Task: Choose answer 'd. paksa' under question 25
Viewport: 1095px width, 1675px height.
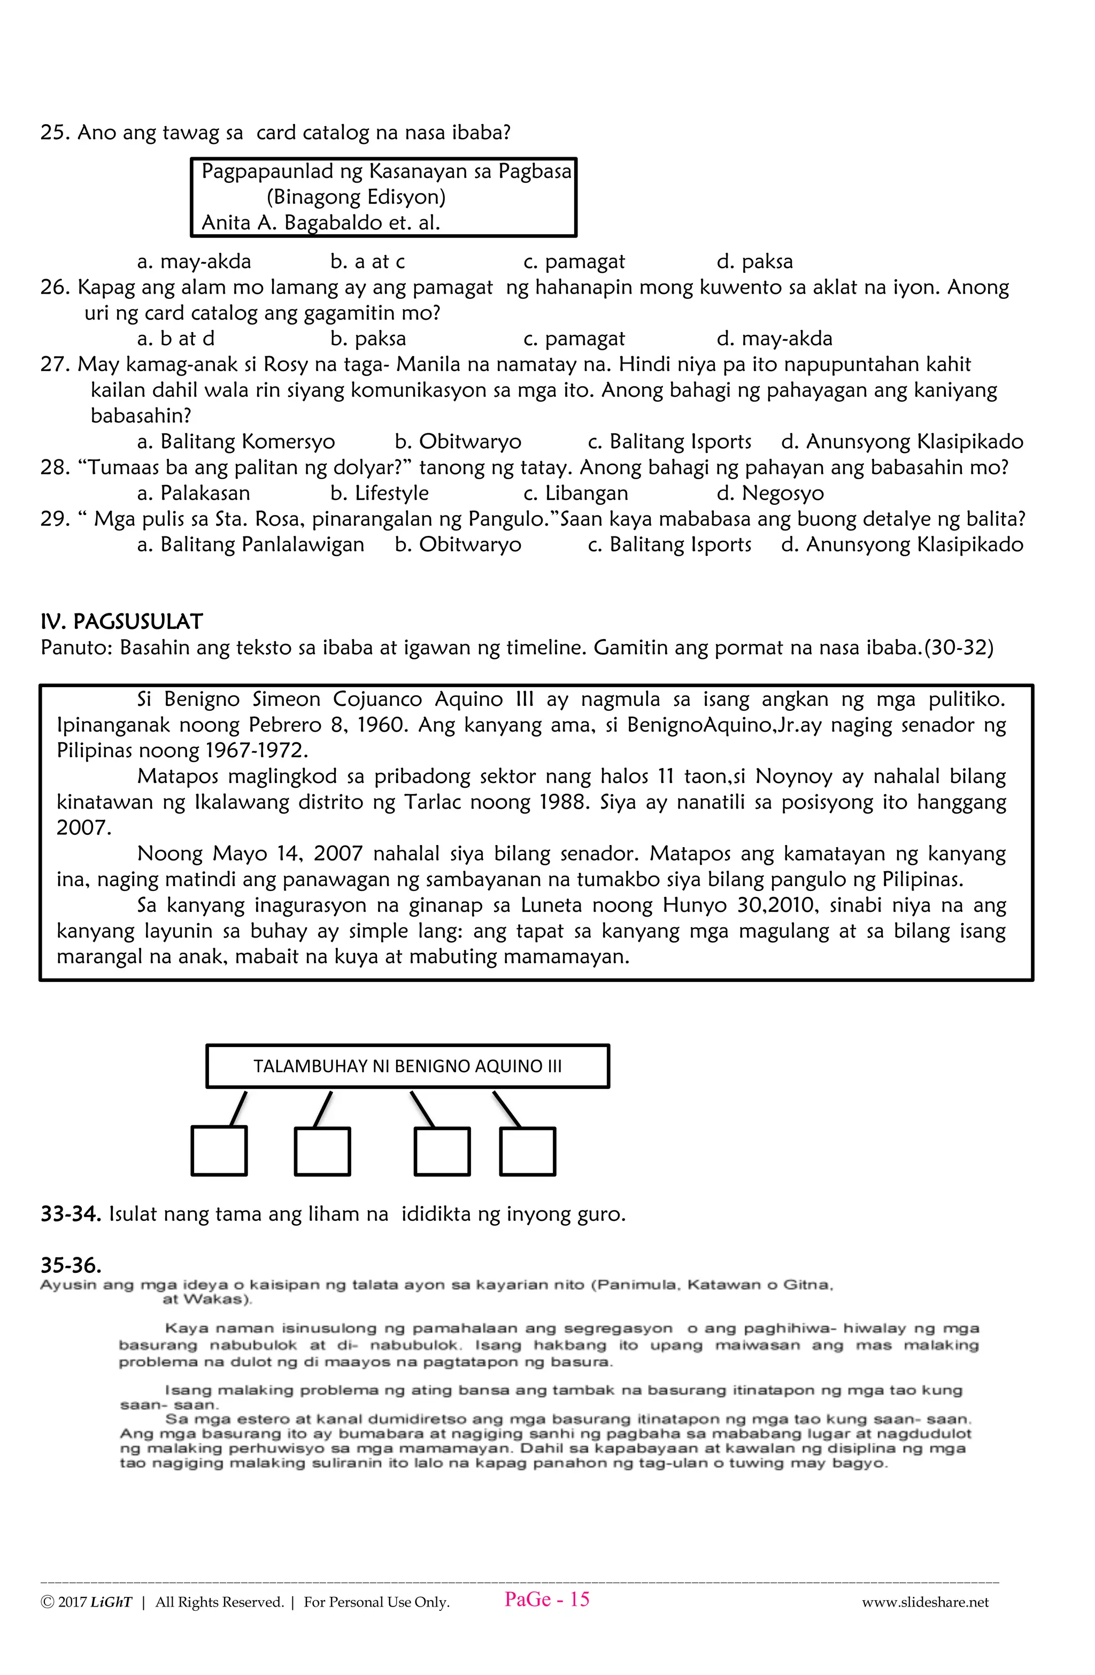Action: [x=754, y=262]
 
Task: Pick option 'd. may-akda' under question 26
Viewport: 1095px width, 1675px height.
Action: [x=774, y=339]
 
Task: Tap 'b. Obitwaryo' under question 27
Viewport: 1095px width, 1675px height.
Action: [x=458, y=442]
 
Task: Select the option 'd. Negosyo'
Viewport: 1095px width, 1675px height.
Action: [x=770, y=493]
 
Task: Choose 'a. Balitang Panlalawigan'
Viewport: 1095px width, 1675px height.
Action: [x=251, y=545]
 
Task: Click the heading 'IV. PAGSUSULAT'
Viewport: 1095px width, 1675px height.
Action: [x=122, y=621]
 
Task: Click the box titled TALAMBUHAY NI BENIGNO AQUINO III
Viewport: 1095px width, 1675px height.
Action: [x=407, y=1066]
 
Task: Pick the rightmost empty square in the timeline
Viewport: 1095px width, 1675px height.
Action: [x=527, y=1151]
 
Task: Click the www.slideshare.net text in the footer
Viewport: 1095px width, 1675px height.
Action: [x=924, y=1602]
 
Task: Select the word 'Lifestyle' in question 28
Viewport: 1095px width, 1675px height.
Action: [x=391, y=493]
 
